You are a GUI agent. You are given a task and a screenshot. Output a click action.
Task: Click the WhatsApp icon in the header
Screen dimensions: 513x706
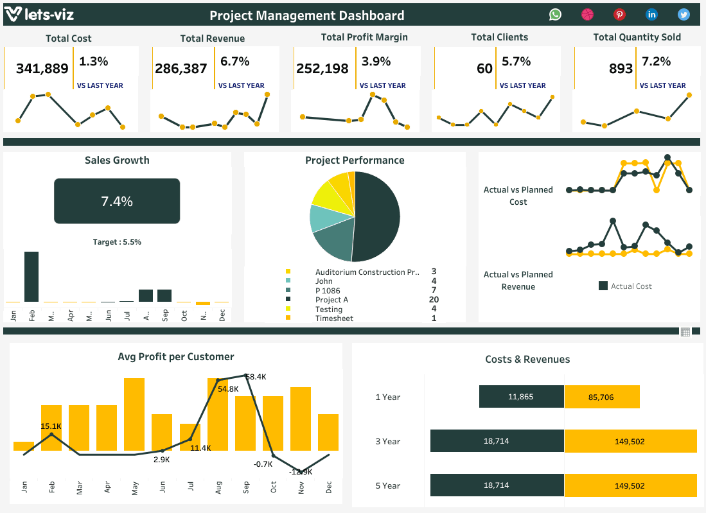point(555,15)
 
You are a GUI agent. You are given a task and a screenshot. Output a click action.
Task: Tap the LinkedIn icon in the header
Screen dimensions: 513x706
point(651,15)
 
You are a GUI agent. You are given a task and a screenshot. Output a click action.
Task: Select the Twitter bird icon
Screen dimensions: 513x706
point(684,15)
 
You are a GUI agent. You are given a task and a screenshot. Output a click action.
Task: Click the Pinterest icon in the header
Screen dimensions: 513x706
point(619,15)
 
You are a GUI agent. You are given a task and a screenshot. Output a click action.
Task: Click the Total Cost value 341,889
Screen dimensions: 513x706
point(42,68)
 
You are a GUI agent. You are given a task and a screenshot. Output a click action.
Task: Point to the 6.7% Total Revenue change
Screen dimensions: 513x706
point(234,62)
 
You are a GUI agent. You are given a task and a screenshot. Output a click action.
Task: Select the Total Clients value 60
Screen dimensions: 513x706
point(484,68)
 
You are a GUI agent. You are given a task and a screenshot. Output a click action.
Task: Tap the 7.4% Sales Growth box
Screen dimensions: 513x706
point(117,201)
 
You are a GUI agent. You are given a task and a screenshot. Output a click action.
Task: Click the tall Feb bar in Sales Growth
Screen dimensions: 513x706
point(31,277)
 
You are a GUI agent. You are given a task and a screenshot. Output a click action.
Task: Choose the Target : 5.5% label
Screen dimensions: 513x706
point(117,242)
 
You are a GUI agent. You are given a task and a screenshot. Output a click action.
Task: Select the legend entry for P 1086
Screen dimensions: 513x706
point(328,290)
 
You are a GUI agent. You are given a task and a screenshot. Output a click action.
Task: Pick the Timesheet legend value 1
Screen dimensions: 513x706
point(434,318)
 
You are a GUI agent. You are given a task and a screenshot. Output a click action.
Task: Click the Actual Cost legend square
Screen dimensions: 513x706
point(603,286)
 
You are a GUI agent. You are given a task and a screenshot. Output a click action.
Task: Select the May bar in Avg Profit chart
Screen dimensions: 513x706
point(134,414)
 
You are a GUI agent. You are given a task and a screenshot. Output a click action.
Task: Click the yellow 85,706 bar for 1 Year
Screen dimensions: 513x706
point(602,397)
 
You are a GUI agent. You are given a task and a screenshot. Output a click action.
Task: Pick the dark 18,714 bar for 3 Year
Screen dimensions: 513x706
point(497,441)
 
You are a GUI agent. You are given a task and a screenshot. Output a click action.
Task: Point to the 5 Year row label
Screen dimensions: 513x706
point(388,485)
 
